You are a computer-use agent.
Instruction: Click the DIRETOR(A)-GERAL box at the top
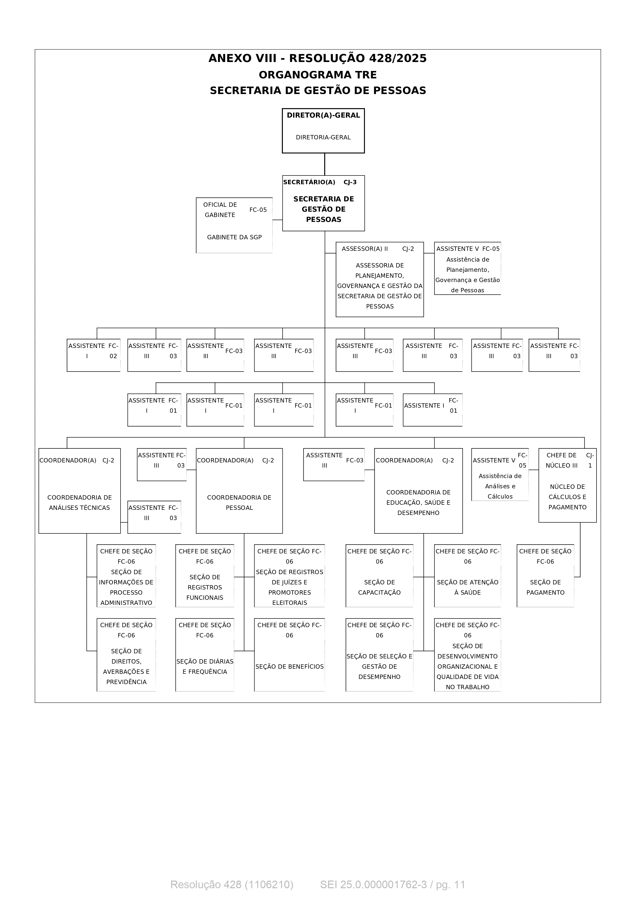pyautogui.click(x=323, y=131)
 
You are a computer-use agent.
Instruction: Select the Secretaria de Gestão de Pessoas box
pyautogui.click(x=323, y=203)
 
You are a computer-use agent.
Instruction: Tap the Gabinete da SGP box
pyautogui.click(x=234, y=225)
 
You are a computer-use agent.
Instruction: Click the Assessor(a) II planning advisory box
pyautogui.click(x=380, y=279)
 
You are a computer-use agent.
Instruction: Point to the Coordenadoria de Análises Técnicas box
pyautogui.click(x=79, y=491)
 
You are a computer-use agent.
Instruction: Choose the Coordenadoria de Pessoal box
pyautogui.click(x=240, y=491)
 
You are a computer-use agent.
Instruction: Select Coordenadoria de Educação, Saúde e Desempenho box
pyautogui.click(x=419, y=491)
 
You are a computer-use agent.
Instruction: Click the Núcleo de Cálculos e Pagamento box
pyautogui.click(x=568, y=485)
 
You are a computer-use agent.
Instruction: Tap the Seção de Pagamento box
pyautogui.click(x=545, y=576)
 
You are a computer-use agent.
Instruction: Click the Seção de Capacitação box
pyautogui.click(x=379, y=576)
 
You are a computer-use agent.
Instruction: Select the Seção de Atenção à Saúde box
pyautogui.click(x=468, y=576)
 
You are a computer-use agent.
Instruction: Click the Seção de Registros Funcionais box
pyautogui.click(x=205, y=576)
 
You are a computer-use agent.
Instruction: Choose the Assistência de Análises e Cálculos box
pyautogui.click(x=500, y=474)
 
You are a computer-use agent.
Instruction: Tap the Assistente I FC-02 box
pyautogui.click(x=94, y=355)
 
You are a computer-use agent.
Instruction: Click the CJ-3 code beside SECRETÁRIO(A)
pyautogui.click(x=350, y=182)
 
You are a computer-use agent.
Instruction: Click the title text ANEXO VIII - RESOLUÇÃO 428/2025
pyautogui.click(x=318, y=58)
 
